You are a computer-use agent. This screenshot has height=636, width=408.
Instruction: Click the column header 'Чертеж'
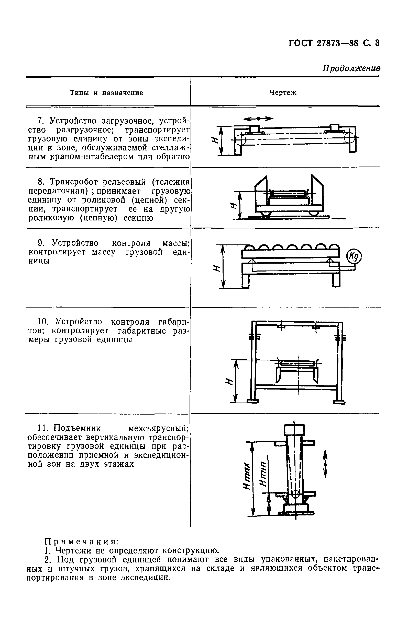pos(283,93)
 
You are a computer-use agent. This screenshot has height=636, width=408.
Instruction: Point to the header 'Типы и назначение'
pos(106,93)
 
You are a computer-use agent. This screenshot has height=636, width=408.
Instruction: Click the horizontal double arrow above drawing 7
pos(258,119)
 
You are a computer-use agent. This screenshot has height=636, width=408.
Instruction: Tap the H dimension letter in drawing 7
pos(215,140)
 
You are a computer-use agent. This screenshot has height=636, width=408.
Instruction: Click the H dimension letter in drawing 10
pos(228,381)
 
